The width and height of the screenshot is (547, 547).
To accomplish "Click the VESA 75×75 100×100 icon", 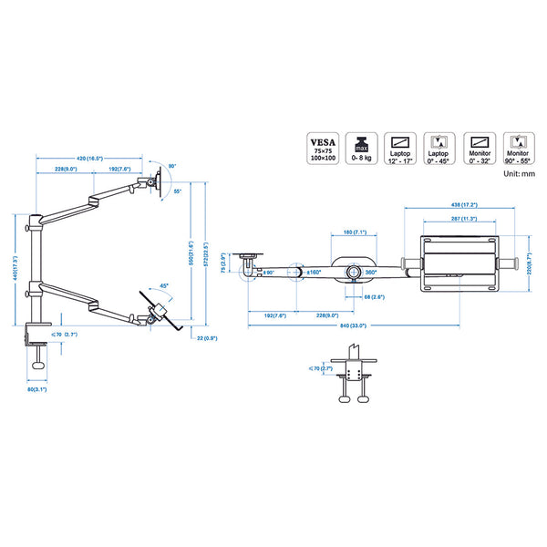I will pos(322,148).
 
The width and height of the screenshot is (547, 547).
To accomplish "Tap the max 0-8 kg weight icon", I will pos(362,148).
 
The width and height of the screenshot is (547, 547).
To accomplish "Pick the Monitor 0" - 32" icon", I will pos(480,148).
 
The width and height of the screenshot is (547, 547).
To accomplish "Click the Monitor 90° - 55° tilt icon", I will pos(519,148).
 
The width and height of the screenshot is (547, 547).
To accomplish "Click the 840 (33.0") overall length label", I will pos(351,325).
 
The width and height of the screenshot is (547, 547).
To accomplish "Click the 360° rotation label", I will pos(370,272).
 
